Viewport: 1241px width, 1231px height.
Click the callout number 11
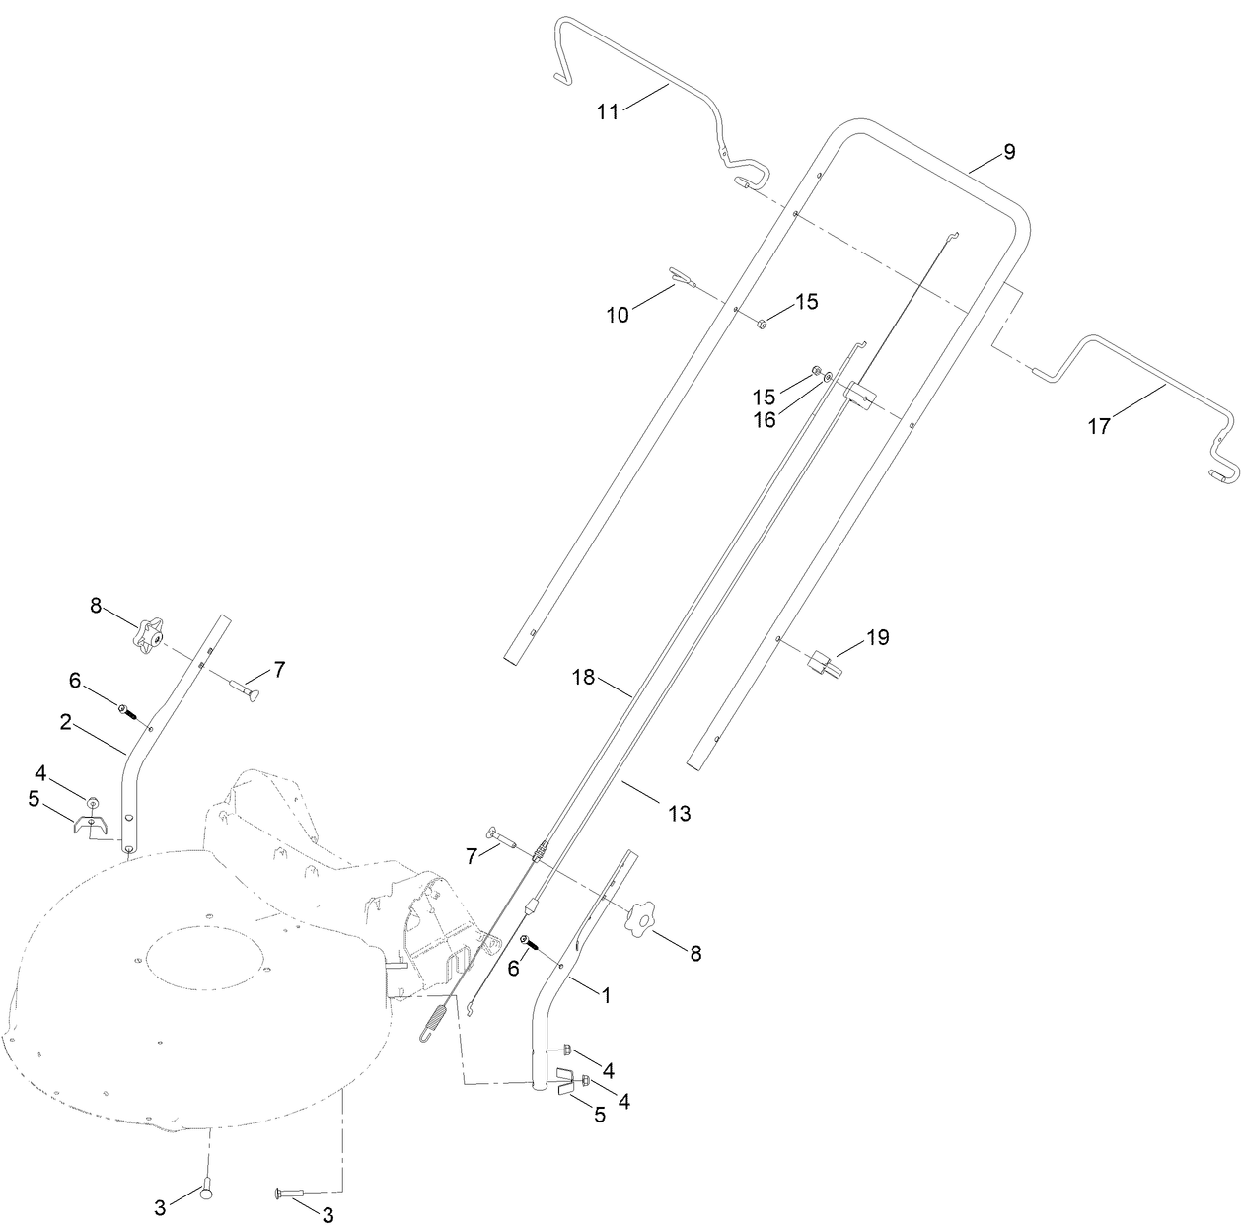click(x=608, y=112)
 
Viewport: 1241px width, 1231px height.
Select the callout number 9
click(x=1008, y=152)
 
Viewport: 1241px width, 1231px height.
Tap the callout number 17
click(x=1099, y=427)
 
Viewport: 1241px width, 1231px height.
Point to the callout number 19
click(x=878, y=638)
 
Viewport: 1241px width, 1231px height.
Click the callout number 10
click(x=618, y=315)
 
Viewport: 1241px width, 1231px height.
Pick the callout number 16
click(x=765, y=420)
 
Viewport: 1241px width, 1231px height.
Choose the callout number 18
click(x=585, y=677)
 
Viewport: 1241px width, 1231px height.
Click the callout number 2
click(x=65, y=723)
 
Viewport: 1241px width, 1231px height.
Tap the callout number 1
click(x=606, y=996)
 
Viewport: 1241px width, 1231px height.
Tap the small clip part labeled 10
click(x=680, y=274)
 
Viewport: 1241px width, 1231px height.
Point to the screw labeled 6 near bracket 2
click(x=126, y=709)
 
